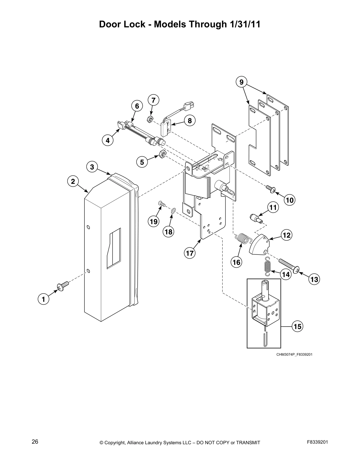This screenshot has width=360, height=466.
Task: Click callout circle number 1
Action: tap(43, 299)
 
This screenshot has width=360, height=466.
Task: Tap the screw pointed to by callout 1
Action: tap(63, 286)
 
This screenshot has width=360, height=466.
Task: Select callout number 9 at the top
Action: tap(241, 82)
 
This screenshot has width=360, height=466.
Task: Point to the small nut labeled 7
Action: tap(149, 119)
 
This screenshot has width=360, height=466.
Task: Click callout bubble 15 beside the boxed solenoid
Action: tap(297, 326)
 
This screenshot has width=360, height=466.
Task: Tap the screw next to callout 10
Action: tap(270, 189)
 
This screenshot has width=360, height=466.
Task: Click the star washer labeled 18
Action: tap(173, 211)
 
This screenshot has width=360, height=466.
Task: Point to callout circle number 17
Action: tap(190, 253)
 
